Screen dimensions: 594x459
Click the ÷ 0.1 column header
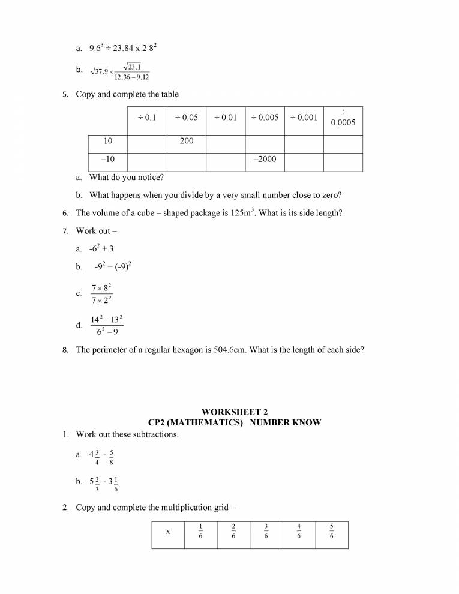(x=147, y=118)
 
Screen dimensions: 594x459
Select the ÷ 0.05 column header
(x=186, y=118)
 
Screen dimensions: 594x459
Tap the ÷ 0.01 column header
(x=225, y=118)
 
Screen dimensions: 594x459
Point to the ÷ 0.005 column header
(x=265, y=118)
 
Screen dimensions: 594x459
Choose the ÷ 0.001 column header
(x=304, y=118)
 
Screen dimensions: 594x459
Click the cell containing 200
(x=186, y=141)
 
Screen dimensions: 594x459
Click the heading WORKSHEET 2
(x=235, y=412)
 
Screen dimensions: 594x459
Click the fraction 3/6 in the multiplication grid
(x=266, y=532)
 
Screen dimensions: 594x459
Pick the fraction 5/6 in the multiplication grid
(x=332, y=532)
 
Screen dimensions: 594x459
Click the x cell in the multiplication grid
(x=168, y=531)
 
